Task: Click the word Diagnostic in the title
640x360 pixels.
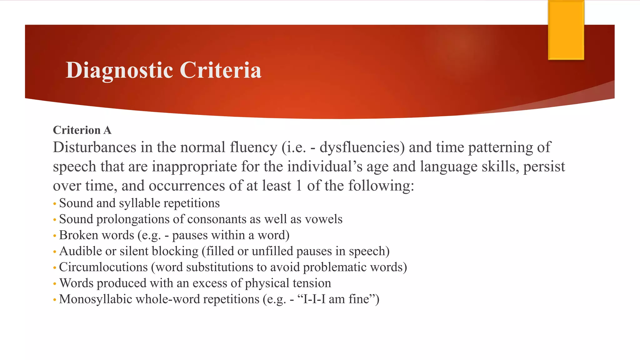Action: point(119,70)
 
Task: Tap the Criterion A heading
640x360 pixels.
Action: point(82,130)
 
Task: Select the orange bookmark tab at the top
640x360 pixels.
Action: point(566,30)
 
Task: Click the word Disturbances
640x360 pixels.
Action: point(95,147)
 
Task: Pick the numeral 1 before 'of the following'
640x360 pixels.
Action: point(299,186)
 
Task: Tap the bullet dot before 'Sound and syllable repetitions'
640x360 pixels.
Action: point(55,204)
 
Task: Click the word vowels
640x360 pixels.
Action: point(323,219)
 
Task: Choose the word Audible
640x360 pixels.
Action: point(78,251)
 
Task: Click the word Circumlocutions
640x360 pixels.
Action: point(103,267)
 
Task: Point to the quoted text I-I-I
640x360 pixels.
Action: point(314,299)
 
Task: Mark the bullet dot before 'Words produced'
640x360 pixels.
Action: point(55,284)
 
